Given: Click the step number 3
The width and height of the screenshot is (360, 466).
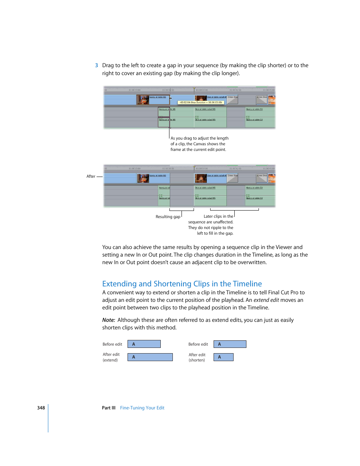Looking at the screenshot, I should point(97,65).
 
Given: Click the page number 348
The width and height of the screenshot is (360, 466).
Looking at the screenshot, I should point(41,408).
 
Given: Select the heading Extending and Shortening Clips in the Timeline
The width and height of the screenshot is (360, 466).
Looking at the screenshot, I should point(182,284).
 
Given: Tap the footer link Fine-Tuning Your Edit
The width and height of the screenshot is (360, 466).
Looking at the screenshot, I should point(142,408).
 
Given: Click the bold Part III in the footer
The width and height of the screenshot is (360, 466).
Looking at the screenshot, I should point(109,408).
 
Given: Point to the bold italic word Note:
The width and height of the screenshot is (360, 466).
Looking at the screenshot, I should point(109,320).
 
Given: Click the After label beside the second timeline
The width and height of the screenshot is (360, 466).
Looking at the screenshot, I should point(91,176).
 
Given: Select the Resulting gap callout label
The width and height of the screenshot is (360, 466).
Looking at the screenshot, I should point(168,217).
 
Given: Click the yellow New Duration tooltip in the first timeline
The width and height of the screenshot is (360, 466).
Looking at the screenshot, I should point(201,102).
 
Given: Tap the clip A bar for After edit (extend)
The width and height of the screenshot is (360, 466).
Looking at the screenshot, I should point(150,357).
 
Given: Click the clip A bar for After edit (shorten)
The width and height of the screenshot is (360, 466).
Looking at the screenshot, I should point(223,357).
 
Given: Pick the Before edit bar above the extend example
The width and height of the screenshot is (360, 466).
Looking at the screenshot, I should point(144,344).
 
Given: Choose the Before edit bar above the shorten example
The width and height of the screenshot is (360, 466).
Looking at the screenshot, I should point(230,344).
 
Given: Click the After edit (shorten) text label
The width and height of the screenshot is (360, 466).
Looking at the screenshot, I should point(197,357).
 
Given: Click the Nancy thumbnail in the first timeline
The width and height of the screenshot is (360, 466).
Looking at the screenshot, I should point(143,100).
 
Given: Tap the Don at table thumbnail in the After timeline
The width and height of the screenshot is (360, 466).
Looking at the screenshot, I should point(201,178).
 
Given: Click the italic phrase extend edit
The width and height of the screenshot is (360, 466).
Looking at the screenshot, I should point(266,300).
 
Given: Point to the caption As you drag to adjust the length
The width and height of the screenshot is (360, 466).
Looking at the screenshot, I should point(199,138).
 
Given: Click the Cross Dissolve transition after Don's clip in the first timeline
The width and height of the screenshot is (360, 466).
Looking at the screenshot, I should point(232,99).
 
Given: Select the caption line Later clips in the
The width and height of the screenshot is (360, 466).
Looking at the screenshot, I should point(218,216).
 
